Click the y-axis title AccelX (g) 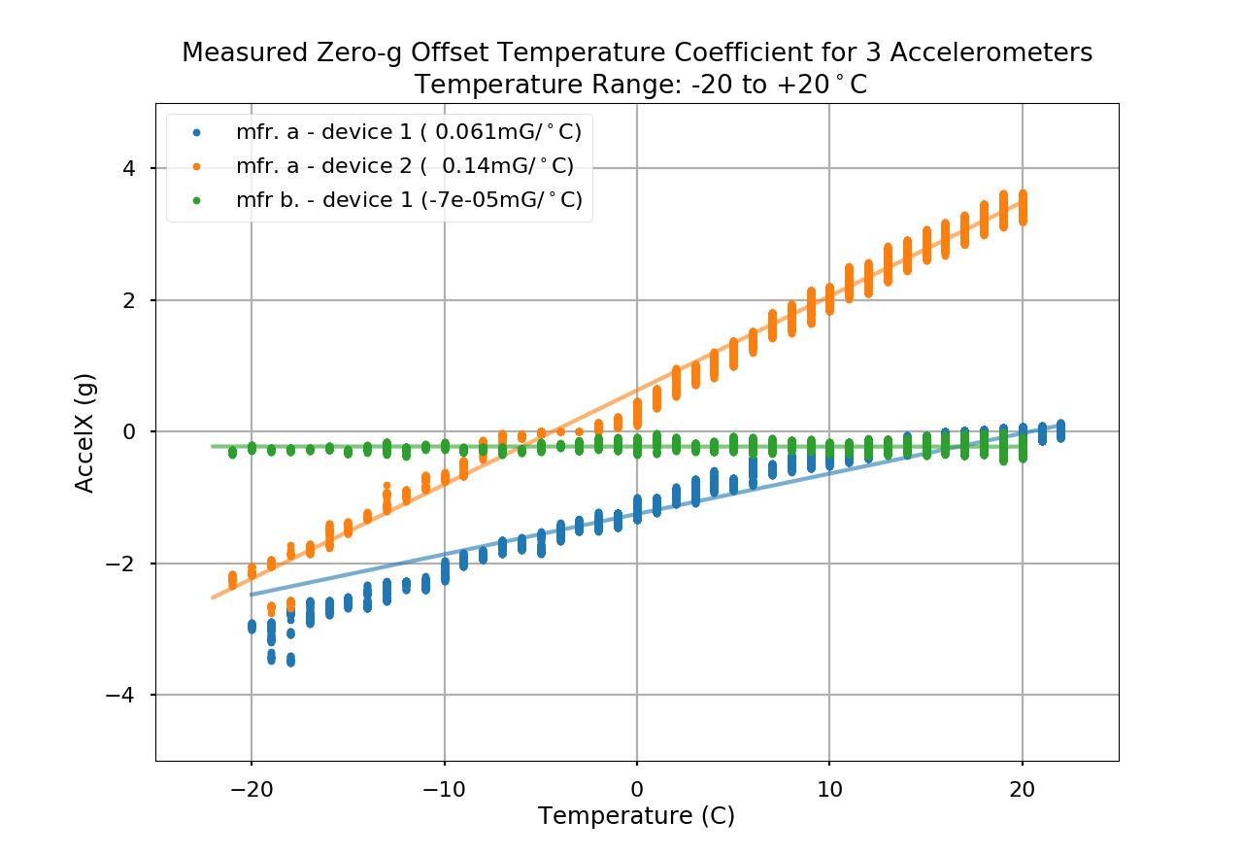point(85,432)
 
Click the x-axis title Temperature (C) point(636,815)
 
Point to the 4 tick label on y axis point(129,169)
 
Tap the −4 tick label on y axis point(123,696)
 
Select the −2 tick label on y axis point(123,564)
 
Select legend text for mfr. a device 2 point(405,166)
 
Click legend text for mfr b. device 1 point(409,200)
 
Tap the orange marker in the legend point(197,166)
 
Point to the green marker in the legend point(197,200)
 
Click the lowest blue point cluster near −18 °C point(290,661)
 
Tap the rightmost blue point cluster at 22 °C point(1060,429)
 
